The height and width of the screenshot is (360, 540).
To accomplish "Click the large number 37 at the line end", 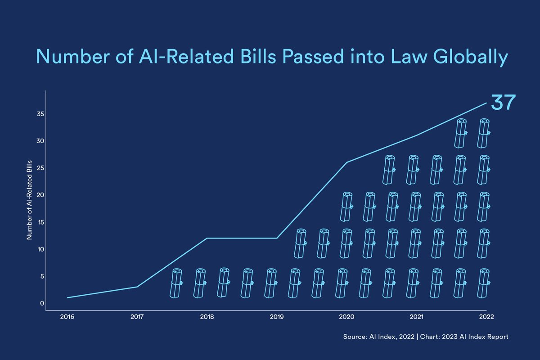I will pos(502,103).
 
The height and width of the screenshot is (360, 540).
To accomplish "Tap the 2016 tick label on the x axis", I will pos(67,317).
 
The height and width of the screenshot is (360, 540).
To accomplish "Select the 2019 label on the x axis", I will pos(276,317).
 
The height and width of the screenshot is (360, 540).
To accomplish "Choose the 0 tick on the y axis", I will pos(41,303).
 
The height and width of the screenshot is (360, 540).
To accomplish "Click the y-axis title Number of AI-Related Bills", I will pos(29,199).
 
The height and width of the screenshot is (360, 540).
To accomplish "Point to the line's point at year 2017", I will pos(137,287).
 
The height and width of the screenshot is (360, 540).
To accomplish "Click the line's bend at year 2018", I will pos(207,238).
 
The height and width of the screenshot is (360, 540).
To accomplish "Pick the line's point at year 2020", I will pos(346,162).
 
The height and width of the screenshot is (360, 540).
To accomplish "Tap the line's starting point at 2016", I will pos(67,297).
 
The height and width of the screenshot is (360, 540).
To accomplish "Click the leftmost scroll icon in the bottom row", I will pos(176,283).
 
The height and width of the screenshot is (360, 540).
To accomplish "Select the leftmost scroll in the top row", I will pos(461,133).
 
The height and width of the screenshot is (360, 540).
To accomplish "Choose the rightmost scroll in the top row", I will pos(484,133).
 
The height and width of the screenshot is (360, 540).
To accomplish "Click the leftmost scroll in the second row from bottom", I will pos(300,243).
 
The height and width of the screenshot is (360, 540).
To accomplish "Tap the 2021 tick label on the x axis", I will pos(416,317).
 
